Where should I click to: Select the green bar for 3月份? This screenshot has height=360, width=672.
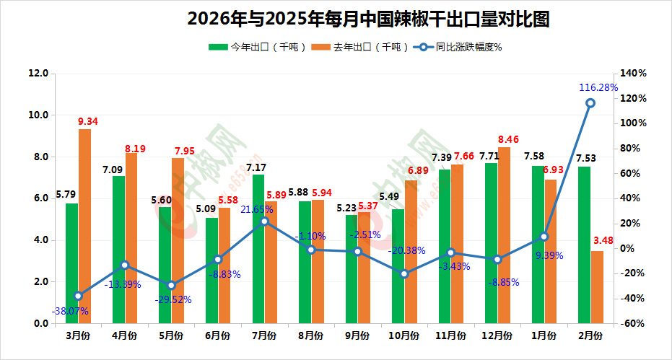[x=71, y=263]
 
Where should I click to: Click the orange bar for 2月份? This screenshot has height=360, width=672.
[x=597, y=287]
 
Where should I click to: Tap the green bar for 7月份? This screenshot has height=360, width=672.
[x=258, y=249]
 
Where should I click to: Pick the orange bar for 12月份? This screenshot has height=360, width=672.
[x=504, y=235]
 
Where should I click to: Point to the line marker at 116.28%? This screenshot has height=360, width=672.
[x=590, y=103]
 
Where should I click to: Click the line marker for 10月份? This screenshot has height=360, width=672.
[x=404, y=274]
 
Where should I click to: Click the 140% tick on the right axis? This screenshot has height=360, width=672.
[x=634, y=74]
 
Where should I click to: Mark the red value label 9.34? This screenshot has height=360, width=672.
[x=88, y=122]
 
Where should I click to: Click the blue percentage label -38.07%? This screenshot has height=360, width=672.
[x=70, y=312]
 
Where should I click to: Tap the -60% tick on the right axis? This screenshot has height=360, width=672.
[x=633, y=324]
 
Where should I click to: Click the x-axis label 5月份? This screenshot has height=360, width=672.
[x=171, y=335]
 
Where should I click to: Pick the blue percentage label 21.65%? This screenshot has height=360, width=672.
[x=257, y=209]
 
